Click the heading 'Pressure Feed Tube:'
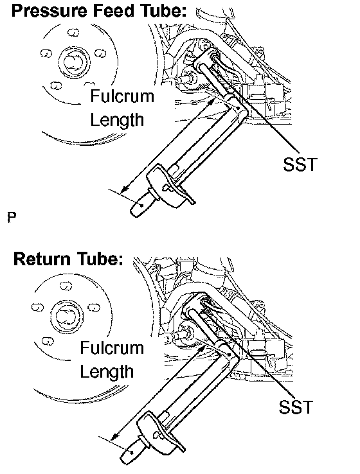pyautogui.click(x=98, y=10)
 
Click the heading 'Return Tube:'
pyautogui.click(x=68, y=259)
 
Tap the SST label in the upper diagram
pyautogui.click(x=300, y=164)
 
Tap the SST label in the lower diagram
pyautogui.click(x=295, y=407)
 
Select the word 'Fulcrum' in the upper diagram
pyautogui.click(x=122, y=96)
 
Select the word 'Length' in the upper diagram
pyautogui.click(x=117, y=120)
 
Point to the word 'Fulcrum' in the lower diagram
pyautogui.click(x=112, y=347)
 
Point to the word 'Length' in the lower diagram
pyautogui.click(x=107, y=371)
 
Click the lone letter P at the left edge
pyautogui.click(x=12, y=217)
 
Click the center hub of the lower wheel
pyautogui.click(x=67, y=316)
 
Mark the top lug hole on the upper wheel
pyautogui.click(x=73, y=32)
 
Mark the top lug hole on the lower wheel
pyautogui.click(x=66, y=285)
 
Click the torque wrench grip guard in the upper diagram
pyautogui.click(x=168, y=187)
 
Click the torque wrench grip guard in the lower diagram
pyautogui.click(x=159, y=432)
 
